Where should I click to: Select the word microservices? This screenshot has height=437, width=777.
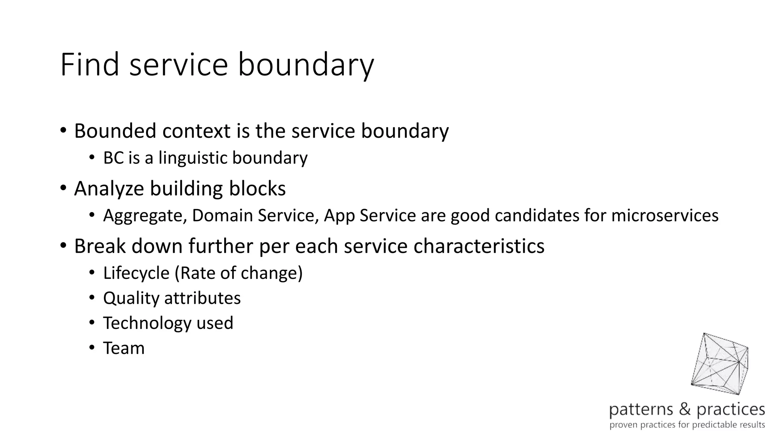click(665, 215)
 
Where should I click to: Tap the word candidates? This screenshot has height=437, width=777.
click(537, 215)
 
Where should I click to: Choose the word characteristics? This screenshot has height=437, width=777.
click(479, 246)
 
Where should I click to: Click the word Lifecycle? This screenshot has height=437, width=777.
click(136, 273)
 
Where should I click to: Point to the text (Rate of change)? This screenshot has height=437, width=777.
click(239, 273)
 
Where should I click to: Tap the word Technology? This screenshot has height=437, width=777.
click(147, 323)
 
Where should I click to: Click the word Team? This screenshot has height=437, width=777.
click(124, 348)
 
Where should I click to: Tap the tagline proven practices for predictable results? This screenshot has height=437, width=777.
click(687, 424)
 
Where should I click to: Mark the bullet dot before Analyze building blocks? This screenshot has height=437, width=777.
click(63, 188)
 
